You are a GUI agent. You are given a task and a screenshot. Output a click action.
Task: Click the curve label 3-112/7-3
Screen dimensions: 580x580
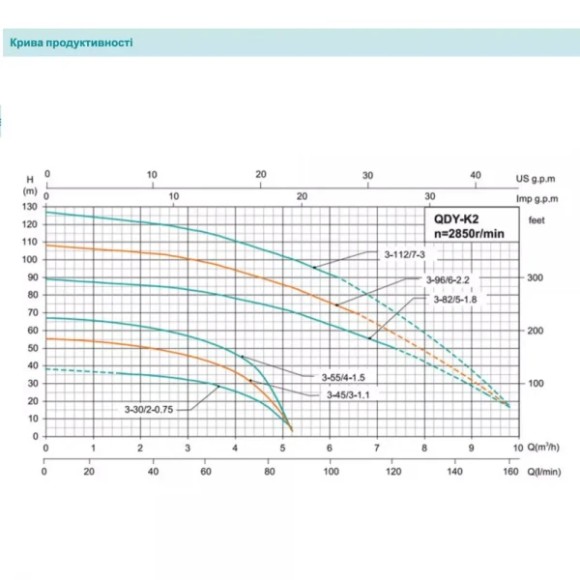(x=404, y=253)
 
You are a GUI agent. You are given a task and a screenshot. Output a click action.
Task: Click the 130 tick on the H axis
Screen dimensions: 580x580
(x=31, y=208)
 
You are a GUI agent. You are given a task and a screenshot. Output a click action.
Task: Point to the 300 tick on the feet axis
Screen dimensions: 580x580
(x=537, y=278)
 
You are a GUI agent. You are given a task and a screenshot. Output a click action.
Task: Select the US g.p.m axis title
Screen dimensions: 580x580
(x=536, y=179)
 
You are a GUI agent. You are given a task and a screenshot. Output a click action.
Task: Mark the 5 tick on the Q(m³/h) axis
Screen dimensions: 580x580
(x=281, y=449)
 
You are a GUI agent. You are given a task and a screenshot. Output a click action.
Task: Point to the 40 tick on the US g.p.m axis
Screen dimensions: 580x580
(x=474, y=176)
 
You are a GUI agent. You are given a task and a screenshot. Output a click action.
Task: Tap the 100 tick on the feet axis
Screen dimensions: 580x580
(x=537, y=384)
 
